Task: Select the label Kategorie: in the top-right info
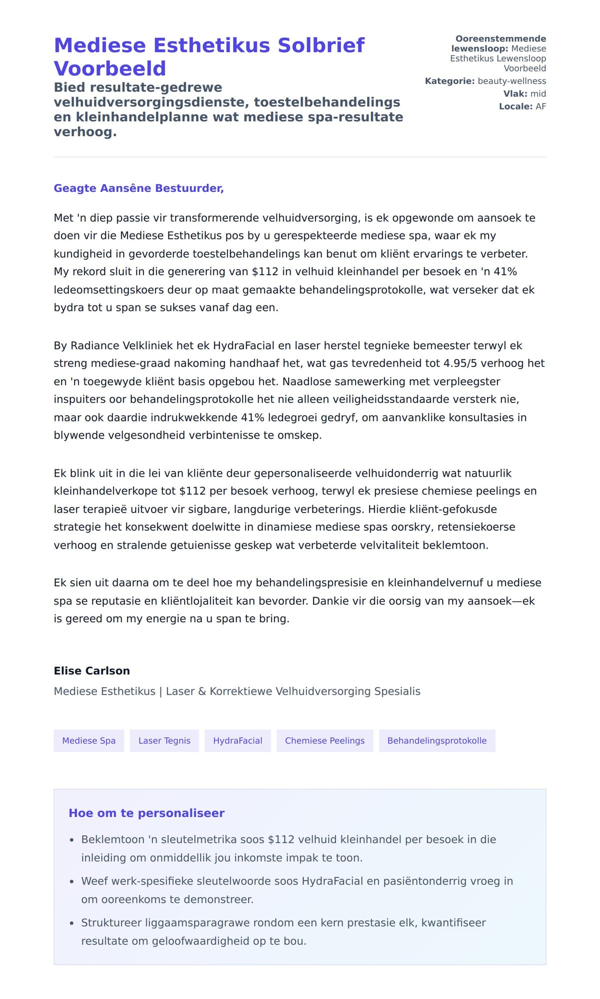click(449, 81)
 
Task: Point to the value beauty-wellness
click(511, 81)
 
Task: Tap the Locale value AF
click(540, 106)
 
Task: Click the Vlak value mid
click(538, 94)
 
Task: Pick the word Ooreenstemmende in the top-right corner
click(500, 39)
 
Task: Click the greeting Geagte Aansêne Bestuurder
click(138, 188)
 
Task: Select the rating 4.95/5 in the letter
click(462, 363)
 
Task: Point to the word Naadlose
click(304, 381)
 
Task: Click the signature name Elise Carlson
click(92, 671)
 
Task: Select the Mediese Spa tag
click(89, 741)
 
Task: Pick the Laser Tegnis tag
click(164, 741)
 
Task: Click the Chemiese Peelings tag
click(324, 741)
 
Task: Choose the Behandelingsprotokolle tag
click(436, 741)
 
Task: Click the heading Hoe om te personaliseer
click(146, 813)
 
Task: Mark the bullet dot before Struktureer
click(72, 924)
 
